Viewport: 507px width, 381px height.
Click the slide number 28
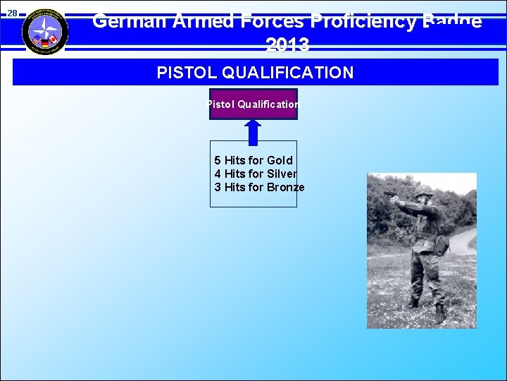12,14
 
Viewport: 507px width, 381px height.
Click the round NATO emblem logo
45,32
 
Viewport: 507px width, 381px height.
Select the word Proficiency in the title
356,21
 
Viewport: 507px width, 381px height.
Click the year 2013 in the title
287,46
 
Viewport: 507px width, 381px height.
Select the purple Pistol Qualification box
254,104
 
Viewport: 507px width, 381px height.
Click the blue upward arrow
253,131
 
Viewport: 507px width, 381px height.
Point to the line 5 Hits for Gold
254,160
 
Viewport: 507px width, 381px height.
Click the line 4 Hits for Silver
255,174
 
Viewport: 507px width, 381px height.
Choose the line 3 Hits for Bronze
259,187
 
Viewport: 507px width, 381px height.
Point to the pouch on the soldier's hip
442,245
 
